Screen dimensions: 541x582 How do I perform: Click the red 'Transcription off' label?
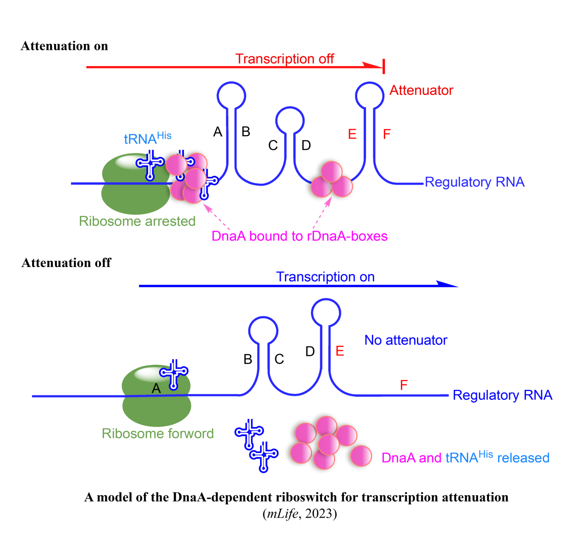[x=284, y=59]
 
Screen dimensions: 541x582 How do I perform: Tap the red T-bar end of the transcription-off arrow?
[x=383, y=67]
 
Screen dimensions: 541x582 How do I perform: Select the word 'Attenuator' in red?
[x=421, y=90]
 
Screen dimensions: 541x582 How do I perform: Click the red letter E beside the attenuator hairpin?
[x=352, y=134]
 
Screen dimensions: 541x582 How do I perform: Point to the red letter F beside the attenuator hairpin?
[x=387, y=134]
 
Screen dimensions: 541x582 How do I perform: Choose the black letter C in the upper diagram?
[x=273, y=146]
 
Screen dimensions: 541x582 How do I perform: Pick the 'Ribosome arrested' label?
[x=137, y=221]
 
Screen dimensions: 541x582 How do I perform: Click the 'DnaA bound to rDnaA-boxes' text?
[x=299, y=236]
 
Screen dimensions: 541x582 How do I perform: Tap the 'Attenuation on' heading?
[x=64, y=46]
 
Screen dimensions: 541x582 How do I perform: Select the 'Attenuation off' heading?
[x=66, y=263]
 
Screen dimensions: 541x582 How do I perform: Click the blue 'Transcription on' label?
[x=325, y=277]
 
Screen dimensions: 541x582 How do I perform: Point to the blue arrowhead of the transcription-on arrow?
[x=447, y=285]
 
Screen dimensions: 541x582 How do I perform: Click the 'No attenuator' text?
[x=405, y=340]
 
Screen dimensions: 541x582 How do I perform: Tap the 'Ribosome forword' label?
[x=158, y=433]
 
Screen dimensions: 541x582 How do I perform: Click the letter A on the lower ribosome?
[x=156, y=388]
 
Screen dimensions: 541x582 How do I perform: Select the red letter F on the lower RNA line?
[x=404, y=385]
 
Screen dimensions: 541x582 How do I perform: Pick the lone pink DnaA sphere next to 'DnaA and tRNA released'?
[x=361, y=456]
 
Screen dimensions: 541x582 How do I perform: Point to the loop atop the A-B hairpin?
[x=231, y=95]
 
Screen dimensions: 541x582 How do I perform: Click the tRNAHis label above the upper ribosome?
[x=147, y=138]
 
